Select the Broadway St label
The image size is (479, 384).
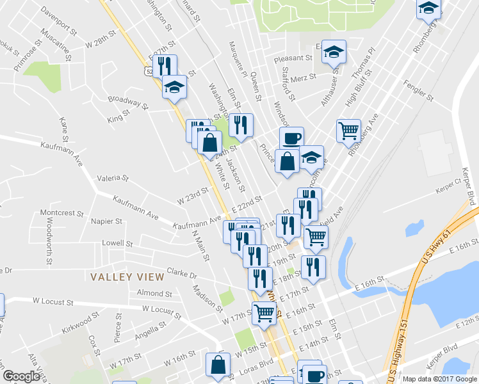[x=124, y=100]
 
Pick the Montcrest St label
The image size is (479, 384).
[x=58, y=212]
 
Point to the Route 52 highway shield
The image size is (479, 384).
[x=149, y=73]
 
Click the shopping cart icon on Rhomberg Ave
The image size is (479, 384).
[x=348, y=131]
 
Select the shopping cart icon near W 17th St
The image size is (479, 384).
[x=264, y=314]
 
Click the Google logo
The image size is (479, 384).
[x=22, y=376]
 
